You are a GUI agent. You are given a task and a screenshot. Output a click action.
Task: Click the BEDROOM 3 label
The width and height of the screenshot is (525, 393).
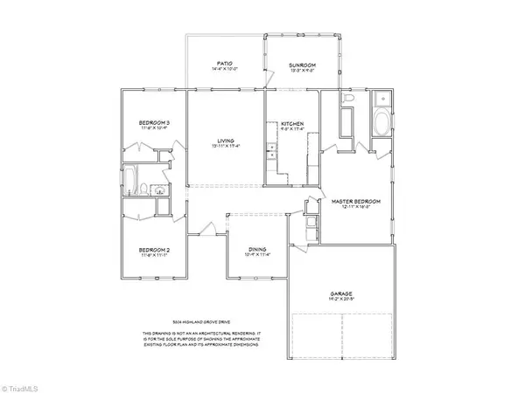coord(153,122)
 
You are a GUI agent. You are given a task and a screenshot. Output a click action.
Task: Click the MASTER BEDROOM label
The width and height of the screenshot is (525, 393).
coord(354,202)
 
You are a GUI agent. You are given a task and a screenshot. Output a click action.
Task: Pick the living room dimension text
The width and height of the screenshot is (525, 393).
coord(227,146)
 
